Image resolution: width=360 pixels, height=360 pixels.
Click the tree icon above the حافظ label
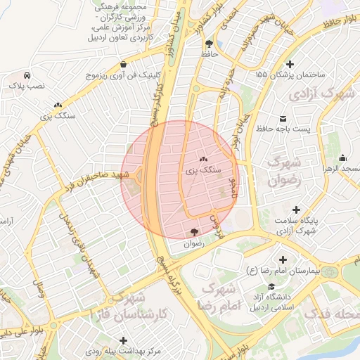(x=208, y=44)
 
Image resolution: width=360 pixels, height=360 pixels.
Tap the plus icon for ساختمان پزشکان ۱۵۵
(x=290, y=65)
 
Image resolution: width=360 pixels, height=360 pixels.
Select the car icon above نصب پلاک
(x=26, y=75)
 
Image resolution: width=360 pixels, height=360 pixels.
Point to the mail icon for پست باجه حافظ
(x=283, y=118)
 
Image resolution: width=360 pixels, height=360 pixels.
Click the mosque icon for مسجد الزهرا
(x=342, y=157)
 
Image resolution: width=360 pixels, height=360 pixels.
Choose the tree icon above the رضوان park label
(x=193, y=233)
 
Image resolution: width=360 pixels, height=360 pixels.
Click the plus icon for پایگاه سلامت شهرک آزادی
(x=297, y=210)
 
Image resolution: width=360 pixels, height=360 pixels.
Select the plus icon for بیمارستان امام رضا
(x=283, y=260)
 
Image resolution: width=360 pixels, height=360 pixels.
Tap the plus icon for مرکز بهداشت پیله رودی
(x=124, y=340)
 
